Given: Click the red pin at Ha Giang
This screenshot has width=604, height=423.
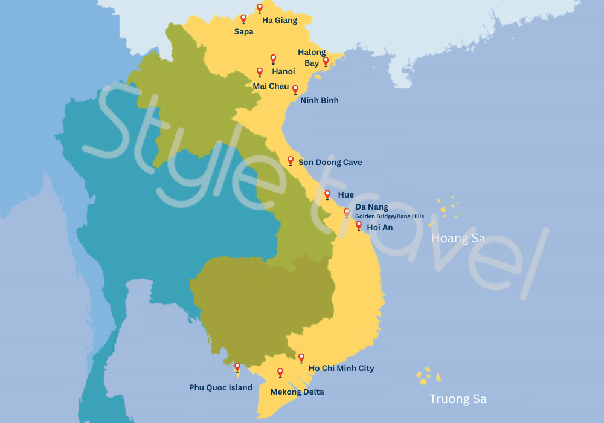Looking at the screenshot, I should click(260, 8).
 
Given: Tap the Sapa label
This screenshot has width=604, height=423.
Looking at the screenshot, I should click(244, 32).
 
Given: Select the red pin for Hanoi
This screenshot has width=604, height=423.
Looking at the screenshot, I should click(273, 59).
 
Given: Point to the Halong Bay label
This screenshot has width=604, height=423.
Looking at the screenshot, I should click(312, 57).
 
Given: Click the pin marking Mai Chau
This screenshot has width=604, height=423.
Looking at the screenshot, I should click(260, 72).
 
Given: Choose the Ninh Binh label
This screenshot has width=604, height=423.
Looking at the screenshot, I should click(319, 100).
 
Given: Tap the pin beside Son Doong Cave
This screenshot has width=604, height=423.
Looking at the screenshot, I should click(291, 160).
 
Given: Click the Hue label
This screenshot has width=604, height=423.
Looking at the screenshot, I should click(346, 195).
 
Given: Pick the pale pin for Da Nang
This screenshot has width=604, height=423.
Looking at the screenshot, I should click(347, 212).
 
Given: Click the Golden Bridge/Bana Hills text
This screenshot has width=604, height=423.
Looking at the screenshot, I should click(389, 216).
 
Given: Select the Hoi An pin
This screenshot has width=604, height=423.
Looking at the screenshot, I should click(359, 225).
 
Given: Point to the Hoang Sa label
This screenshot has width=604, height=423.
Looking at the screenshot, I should click(458, 239).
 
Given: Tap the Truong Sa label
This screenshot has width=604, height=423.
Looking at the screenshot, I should click(458, 399).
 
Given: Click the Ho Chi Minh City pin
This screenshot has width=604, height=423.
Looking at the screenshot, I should click(301, 358).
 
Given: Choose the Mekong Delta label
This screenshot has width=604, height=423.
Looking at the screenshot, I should click(297, 392).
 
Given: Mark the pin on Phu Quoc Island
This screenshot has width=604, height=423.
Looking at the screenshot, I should click(237, 367).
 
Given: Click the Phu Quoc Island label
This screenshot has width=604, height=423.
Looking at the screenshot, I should click(220, 387).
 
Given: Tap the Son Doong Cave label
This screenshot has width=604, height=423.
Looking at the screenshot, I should click(330, 162).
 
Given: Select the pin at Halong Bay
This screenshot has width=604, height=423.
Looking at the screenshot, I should click(326, 60).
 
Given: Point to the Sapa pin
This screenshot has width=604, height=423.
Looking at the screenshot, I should click(243, 19).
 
